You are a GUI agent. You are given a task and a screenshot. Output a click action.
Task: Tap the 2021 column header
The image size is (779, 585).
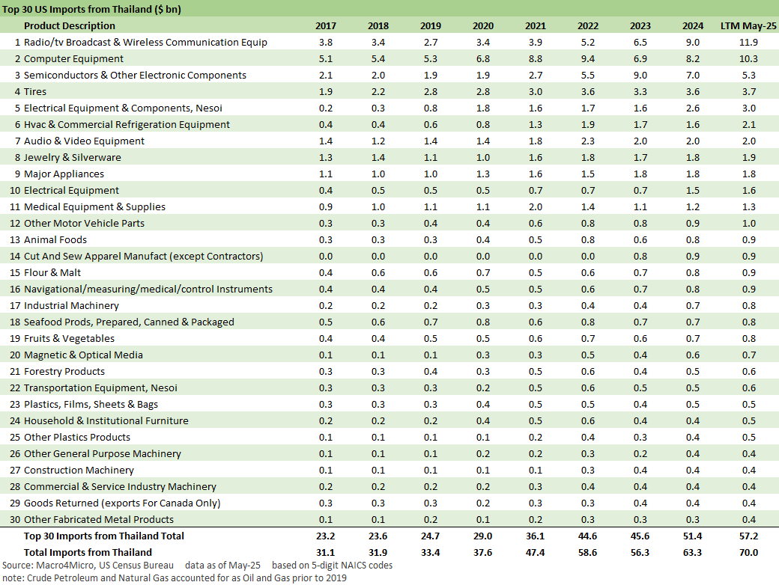coord(536,26)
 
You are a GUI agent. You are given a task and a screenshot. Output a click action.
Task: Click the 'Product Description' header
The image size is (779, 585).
coord(70,26)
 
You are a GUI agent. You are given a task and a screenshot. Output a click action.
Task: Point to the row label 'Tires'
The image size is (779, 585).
coord(35,92)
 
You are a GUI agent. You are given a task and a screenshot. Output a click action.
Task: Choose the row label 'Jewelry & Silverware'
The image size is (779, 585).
coord(72,158)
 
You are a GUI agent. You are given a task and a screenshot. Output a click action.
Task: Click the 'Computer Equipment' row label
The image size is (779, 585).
coord(73,59)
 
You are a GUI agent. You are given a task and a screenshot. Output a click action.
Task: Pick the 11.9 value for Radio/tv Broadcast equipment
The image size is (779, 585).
coord(748,43)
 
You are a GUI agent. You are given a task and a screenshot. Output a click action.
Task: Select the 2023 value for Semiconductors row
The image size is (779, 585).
coord(640,76)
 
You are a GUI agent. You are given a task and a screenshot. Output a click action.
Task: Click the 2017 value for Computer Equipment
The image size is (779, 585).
coord(326,59)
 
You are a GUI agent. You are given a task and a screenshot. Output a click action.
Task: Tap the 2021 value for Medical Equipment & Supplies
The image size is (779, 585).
coord(536,207)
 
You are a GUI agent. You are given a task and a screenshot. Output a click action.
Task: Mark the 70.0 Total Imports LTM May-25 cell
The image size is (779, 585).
coord(748,553)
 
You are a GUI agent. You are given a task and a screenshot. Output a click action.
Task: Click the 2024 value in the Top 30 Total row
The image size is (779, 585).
coord(693,536)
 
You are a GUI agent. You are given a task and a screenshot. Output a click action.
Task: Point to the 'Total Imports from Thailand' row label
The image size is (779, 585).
coord(88,553)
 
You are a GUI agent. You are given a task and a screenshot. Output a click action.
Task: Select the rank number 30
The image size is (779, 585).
coord(16,520)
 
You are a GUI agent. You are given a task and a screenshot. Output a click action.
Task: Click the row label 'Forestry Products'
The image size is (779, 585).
coord(64,372)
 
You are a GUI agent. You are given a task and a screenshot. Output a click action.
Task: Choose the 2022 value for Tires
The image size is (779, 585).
coord(588,92)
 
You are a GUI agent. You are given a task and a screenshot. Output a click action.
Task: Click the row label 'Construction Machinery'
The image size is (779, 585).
coord(79,471)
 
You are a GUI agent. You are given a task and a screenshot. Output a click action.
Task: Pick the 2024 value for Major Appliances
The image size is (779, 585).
coord(693,174)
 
